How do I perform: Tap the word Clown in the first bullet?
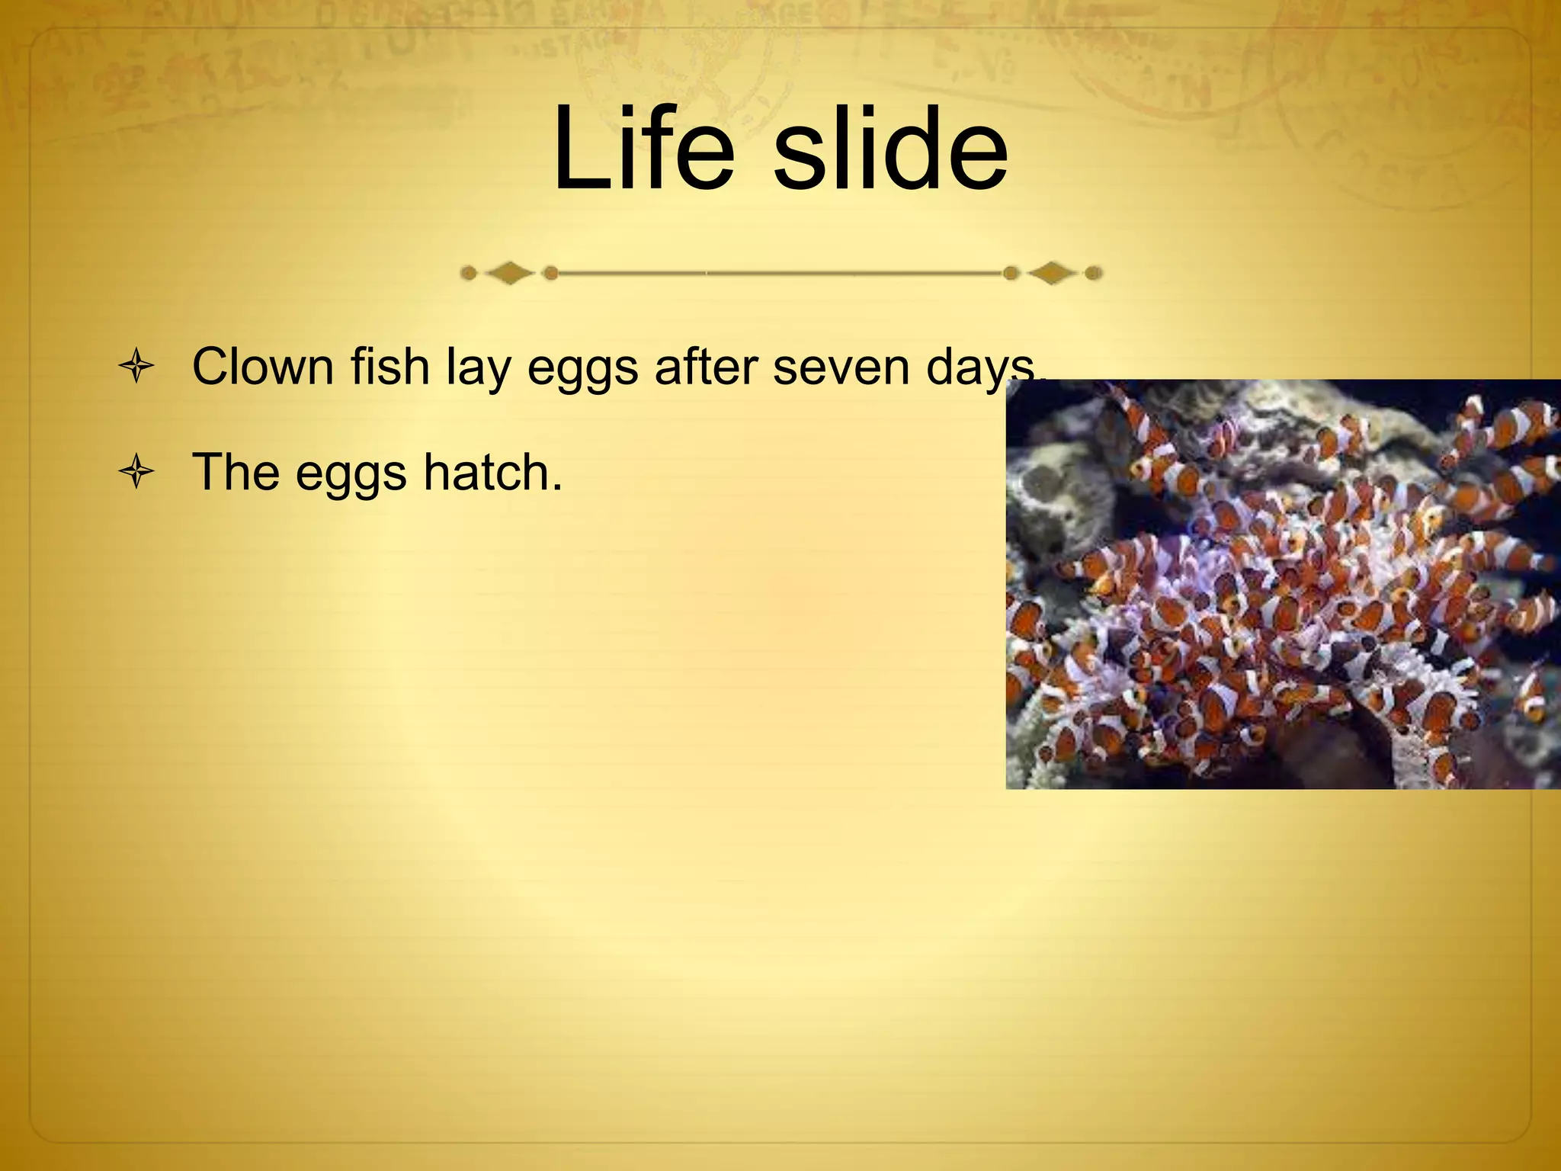(263, 367)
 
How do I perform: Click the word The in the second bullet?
(236, 472)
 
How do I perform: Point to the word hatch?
(486, 472)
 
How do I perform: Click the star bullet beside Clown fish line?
(137, 367)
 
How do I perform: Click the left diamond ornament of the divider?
(509, 273)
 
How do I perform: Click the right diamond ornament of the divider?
(1052, 273)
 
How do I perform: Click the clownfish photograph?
(1283, 584)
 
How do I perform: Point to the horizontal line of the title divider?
(781, 273)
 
